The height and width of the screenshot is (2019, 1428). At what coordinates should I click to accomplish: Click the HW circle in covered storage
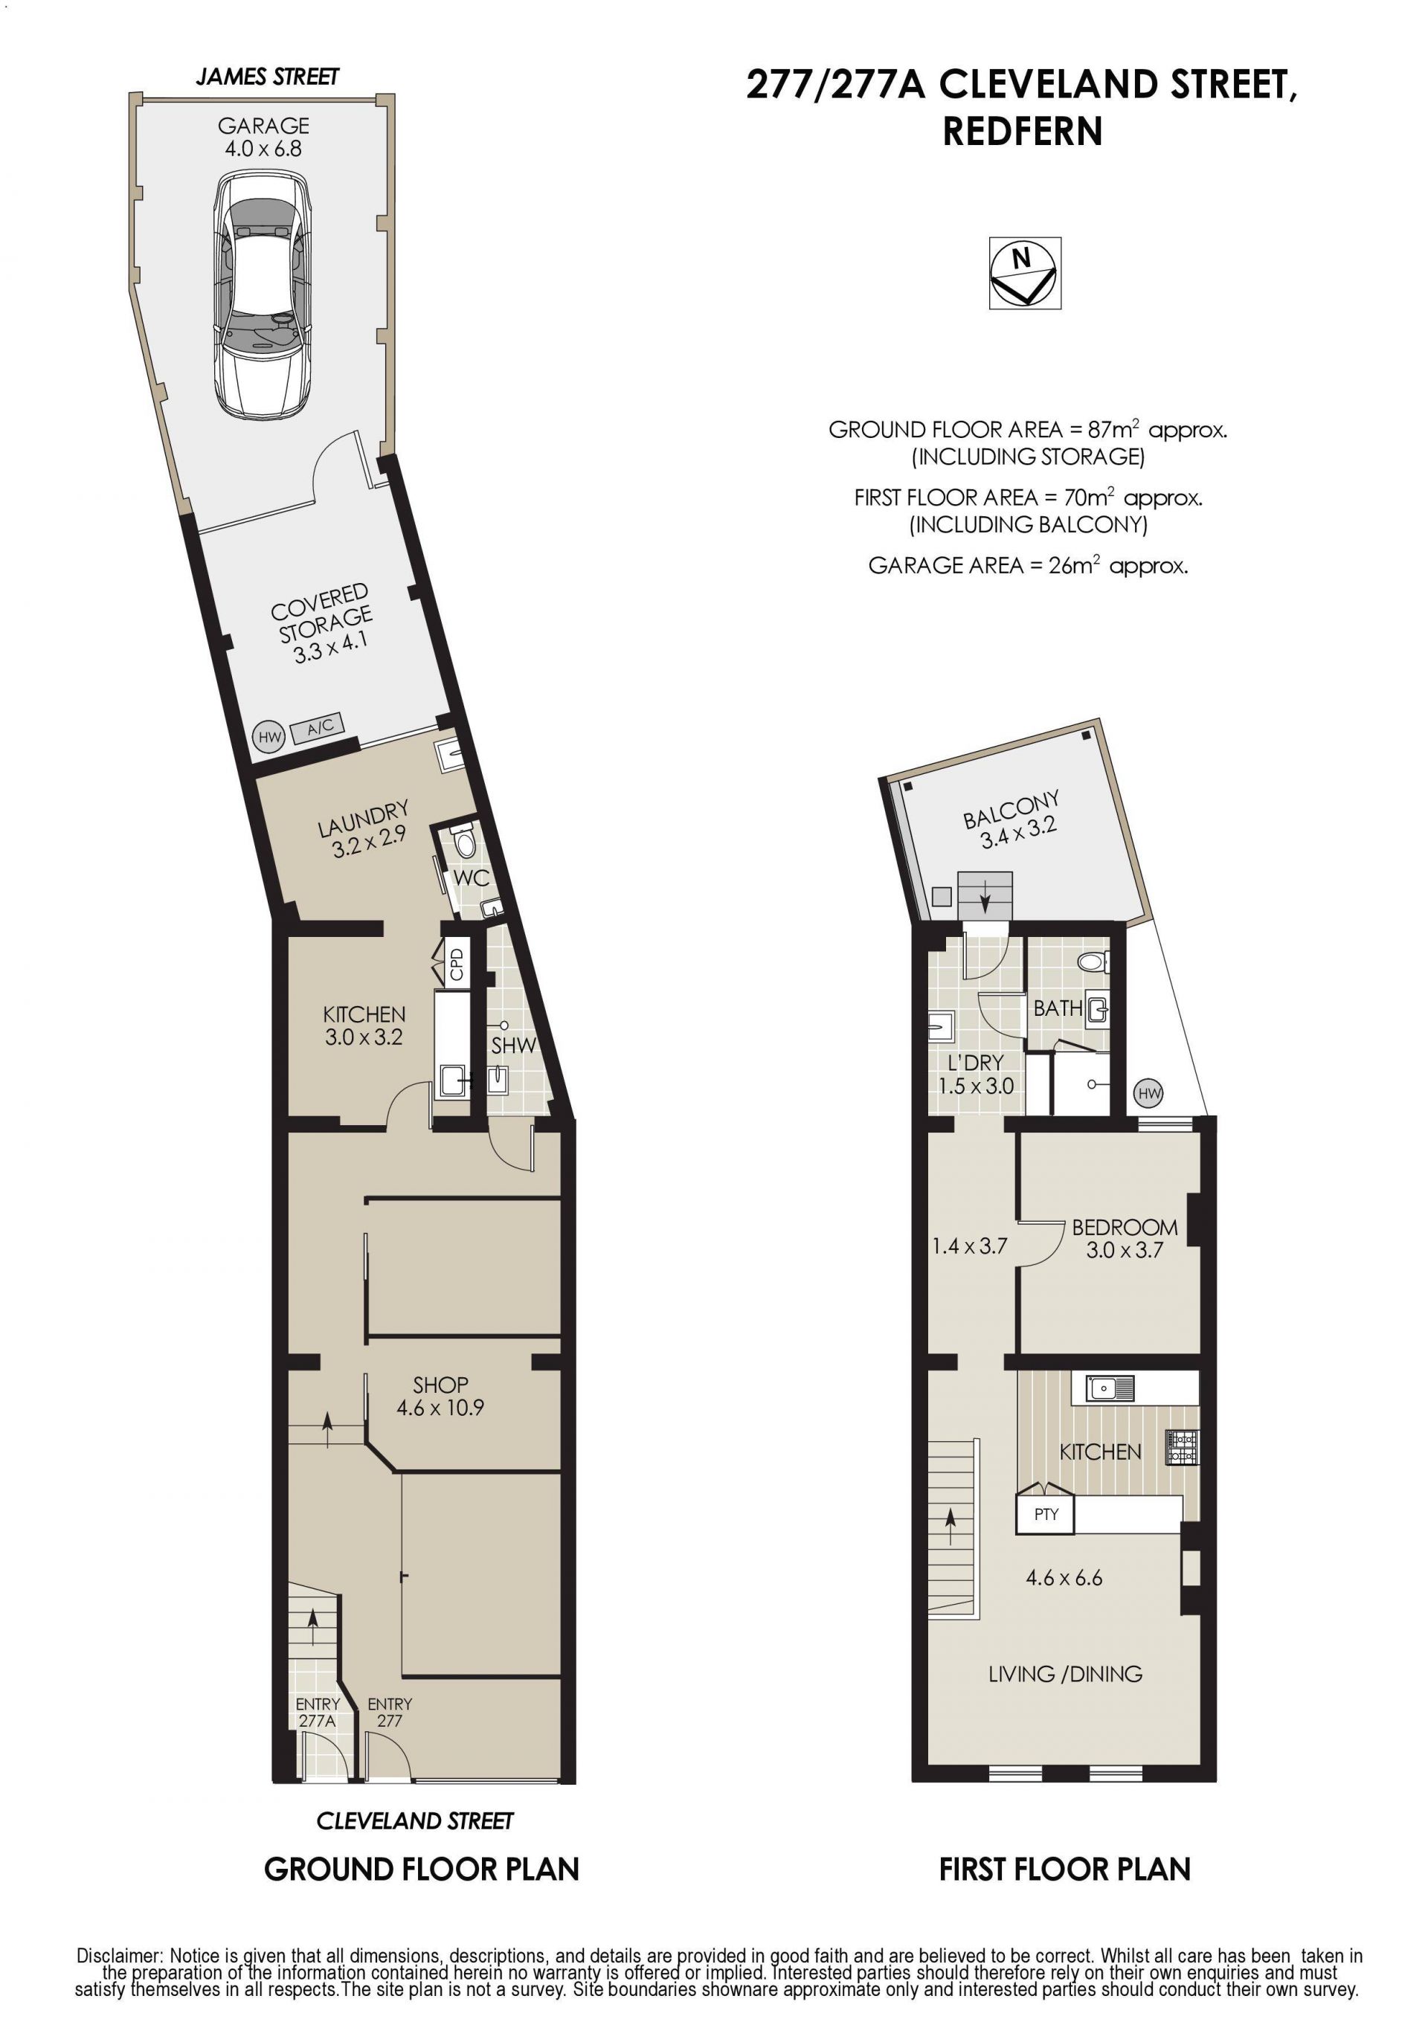pos(269,736)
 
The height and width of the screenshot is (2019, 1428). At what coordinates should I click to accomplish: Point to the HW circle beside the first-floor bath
pos(1148,1093)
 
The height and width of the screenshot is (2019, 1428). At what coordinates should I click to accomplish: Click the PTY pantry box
pos(1046,1514)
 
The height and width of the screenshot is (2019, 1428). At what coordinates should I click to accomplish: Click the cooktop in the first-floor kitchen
pos(1182,1447)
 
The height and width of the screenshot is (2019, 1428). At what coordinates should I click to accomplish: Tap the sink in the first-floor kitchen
pos(1110,1388)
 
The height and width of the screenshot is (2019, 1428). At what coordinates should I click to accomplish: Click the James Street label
pos(267,77)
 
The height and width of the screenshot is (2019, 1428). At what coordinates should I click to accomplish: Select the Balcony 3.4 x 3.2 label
pos(1012,819)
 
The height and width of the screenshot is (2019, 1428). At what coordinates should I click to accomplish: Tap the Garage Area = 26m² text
pos(1028,564)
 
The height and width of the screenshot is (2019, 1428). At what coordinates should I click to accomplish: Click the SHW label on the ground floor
pos(513,1046)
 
